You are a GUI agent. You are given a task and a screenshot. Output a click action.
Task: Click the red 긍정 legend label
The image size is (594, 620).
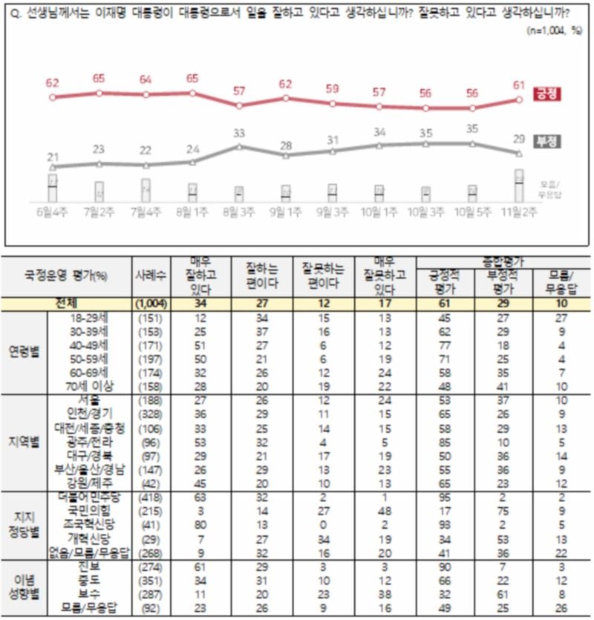pos(545,94)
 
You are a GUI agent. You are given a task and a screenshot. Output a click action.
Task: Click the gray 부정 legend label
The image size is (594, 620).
pos(545,141)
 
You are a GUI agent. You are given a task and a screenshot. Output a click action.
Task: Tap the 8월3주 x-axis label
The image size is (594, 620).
pos(239,212)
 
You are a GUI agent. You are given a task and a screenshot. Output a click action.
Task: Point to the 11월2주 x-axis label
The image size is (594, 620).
pos(519,212)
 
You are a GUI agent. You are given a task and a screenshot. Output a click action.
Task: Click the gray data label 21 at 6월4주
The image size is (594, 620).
pos(53,156)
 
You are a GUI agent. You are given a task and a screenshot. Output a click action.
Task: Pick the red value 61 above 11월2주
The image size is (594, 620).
pos(519,84)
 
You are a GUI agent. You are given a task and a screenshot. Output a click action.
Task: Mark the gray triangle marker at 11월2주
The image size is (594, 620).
pos(519,154)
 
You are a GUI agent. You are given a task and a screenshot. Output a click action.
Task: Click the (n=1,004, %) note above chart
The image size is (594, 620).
pos(553,30)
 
